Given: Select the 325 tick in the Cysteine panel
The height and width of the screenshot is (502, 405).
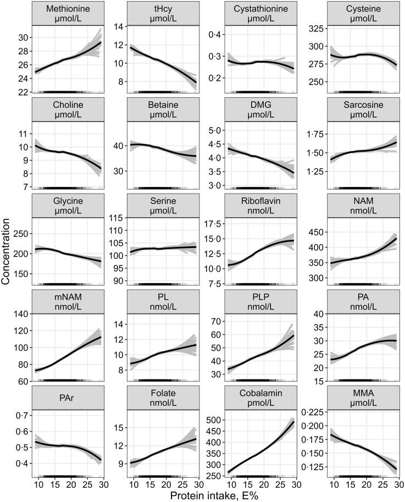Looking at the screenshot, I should pyautogui.click(x=315, y=27).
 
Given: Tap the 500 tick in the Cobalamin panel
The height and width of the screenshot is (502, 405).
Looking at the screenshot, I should pyautogui.click(x=217, y=420).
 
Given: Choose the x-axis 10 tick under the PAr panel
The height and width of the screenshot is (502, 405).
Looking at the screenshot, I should pyautogui.click(x=37, y=484).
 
